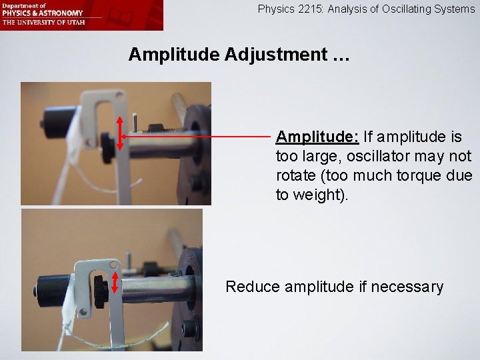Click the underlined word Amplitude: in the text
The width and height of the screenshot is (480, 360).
coord(317,137)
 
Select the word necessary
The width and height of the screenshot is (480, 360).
coord(407,287)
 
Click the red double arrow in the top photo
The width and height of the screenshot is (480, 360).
coord(120,134)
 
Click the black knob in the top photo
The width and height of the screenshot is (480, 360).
coord(106,141)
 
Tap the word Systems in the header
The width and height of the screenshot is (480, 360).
coord(457,9)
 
